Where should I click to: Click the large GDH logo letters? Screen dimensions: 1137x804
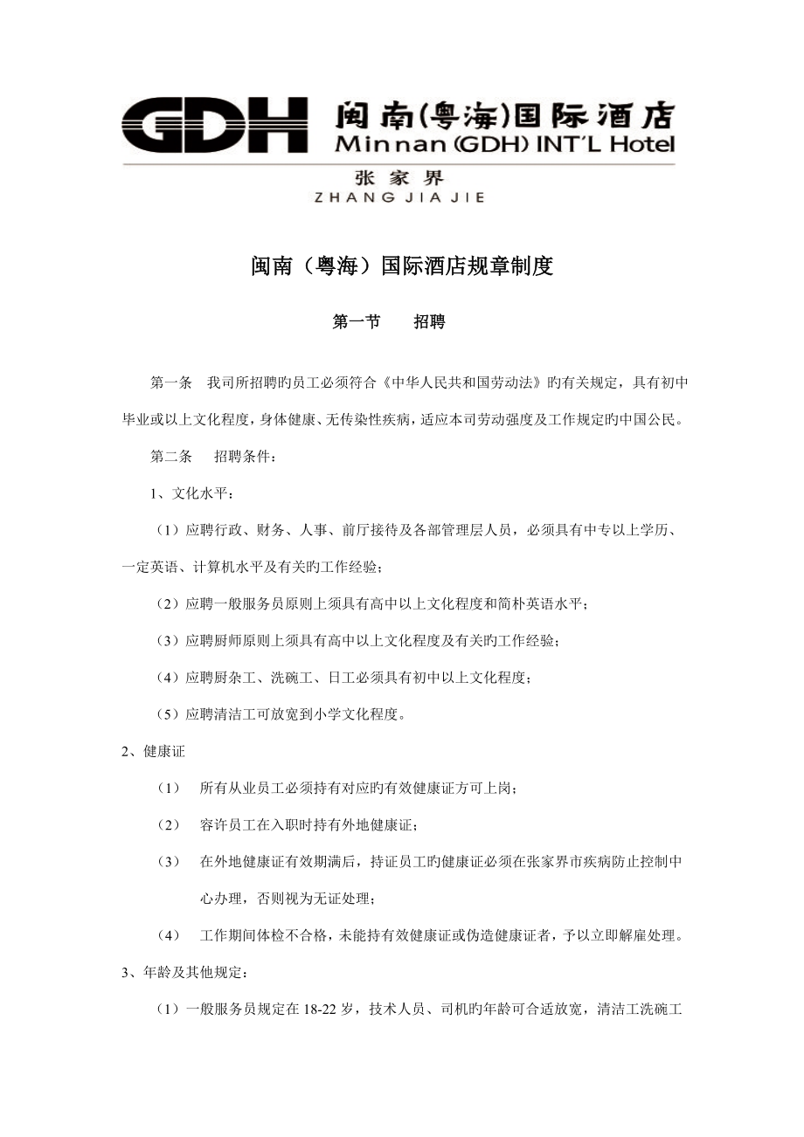(x=213, y=125)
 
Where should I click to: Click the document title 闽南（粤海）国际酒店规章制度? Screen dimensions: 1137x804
(x=401, y=266)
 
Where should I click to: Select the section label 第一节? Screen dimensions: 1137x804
(x=357, y=322)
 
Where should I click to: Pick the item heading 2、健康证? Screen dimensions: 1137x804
(x=153, y=751)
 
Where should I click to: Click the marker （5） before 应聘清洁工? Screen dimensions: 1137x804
(x=168, y=714)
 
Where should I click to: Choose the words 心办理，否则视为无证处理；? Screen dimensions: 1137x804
(x=289, y=898)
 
